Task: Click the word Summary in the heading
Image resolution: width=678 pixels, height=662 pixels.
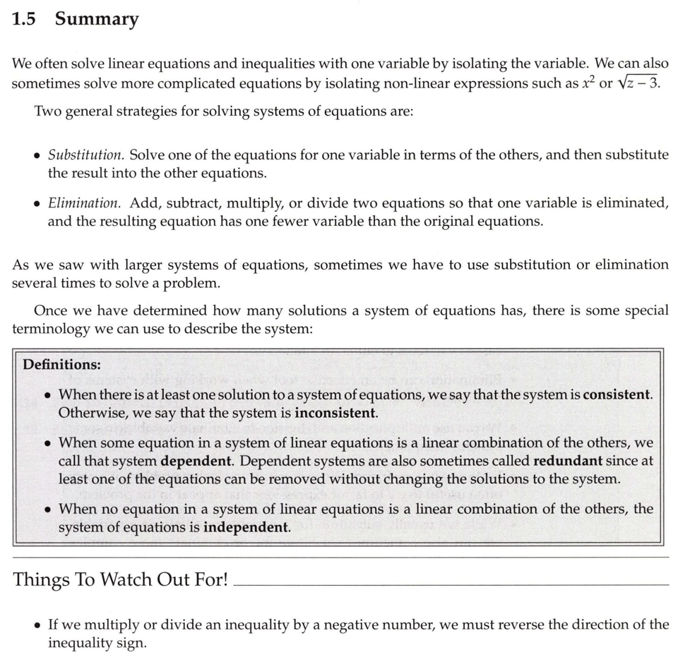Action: coord(97,20)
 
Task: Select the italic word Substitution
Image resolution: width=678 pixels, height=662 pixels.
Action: coord(86,155)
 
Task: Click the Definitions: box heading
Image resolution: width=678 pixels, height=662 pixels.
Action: coord(62,365)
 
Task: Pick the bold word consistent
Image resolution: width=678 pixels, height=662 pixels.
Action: coord(617,395)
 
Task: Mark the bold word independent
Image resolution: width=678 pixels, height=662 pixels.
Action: coord(246,527)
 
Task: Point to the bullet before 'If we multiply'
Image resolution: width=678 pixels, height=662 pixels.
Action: coord(37,626)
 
